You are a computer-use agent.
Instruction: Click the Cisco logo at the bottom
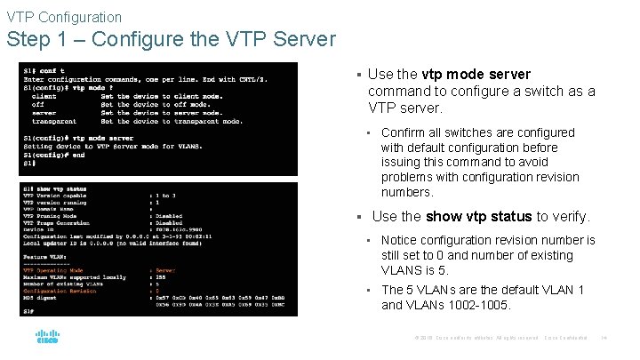pyautogui.click(x=47, y=338)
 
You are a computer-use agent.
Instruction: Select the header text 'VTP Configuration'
pyautogui.click(x=64, y=17)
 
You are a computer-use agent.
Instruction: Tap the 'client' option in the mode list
pyautogui.click(x=44, y=96)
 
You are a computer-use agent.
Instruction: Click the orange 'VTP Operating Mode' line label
pyautogui.click(x=53, y=270)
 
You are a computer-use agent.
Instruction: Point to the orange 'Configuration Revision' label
pyautogui.click(x=58, y=291)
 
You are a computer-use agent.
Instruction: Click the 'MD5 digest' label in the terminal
pyautogui.click(x=43, y=298)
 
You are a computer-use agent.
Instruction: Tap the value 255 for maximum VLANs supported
pyautogui.click(x=161, y=277)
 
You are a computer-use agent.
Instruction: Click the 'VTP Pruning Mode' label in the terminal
pyautogui.click(x=51, y=215)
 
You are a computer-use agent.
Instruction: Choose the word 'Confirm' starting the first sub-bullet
pyautogui.click(x=403, y=133)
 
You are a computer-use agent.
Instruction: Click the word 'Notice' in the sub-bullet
pyautogui.click(x=400, y=240)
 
